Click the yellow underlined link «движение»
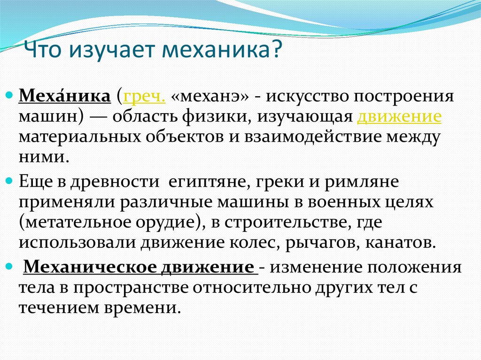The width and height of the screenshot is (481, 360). tap(399, 117)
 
